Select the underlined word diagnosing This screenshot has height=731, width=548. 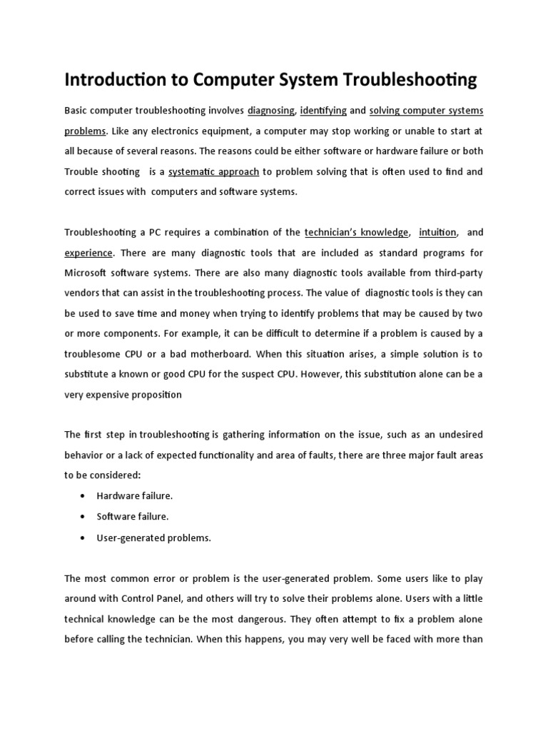[x=271, y=111]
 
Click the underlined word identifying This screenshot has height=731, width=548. [x=323, y=111]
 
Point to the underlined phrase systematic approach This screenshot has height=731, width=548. [x=213, y=172]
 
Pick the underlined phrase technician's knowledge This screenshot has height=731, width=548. [x=356, y=232]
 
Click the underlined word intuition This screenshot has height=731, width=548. [x=437, y=232]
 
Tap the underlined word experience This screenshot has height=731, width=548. [x=88, y=253]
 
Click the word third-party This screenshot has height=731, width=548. [x=457, y=273]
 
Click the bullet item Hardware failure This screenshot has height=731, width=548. [x=135, y=495]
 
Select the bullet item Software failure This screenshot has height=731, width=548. [x=133, y=516]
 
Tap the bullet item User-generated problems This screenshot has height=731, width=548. [x=154, y=538]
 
